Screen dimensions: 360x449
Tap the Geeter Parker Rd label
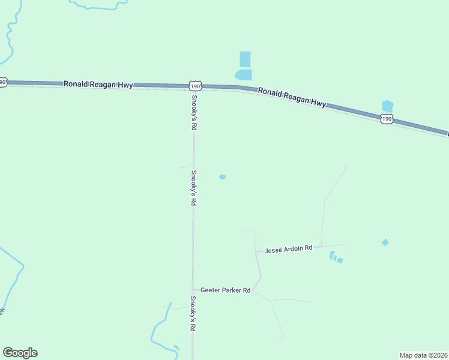225,290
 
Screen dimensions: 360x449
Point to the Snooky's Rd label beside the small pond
193,188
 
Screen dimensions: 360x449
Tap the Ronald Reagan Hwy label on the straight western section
98,85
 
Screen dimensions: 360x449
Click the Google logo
20,353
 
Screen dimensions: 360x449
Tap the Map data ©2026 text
423,355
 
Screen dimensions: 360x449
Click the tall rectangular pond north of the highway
245,59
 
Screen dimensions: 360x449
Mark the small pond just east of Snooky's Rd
222,177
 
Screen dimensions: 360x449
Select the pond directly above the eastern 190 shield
387,106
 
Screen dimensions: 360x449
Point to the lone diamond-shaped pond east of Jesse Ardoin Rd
385,242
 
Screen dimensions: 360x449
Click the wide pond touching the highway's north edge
244,75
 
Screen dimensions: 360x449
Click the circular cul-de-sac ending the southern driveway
282,338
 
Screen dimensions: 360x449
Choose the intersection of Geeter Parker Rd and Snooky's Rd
193,290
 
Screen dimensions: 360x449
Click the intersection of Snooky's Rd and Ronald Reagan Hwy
193,88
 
